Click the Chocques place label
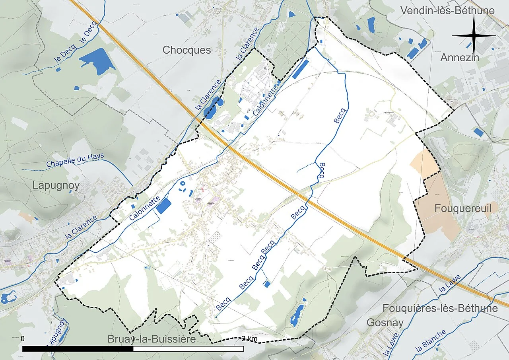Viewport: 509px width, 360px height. pyautogui.click(x=187, y=50)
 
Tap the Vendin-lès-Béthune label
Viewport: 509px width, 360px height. pyautogui.click(x=447, y=11)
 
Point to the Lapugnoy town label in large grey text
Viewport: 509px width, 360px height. pyautogui.click(x=56, y=185)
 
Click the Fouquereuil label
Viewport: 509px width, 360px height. pyautogui.click(x=463, y=208)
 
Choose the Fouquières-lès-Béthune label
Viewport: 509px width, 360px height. pyautogui.click(x=440, y=308)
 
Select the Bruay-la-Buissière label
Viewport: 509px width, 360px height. pyautogui.click(x=152, y=339)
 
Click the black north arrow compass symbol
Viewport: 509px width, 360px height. pyautogui.click(x=474, y=35)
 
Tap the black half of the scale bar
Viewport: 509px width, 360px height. pyautogui.click(x=78, y=349)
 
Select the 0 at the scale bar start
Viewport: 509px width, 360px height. pyautogui.click(x=23, y=339)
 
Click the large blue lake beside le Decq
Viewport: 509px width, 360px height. pyautogui.click(x=96, y=60)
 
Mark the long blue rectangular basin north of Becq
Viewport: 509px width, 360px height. pyautogui.click(x=300, y=69)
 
